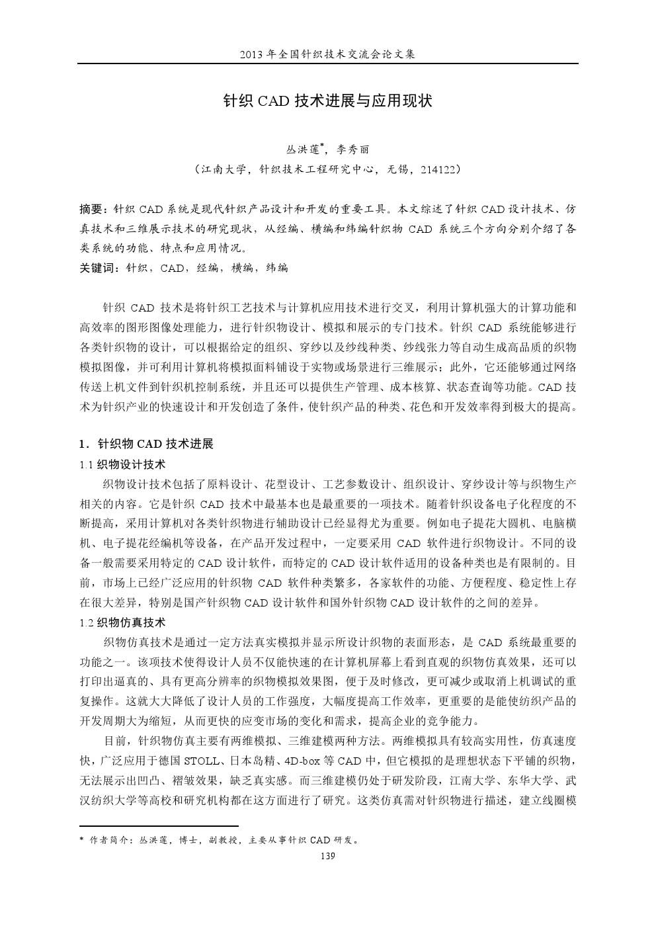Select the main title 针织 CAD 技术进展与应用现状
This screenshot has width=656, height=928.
pos(327,101)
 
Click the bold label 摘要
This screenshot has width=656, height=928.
pos(92,210)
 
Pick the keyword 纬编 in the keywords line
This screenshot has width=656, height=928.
pos(276,268)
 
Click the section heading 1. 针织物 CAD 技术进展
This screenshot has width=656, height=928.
pos(146,443)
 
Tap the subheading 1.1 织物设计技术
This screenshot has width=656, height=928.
pos(122,464)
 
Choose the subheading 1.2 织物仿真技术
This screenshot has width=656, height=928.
pos(122,622)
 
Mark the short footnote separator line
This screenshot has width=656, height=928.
pos(159,825)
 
